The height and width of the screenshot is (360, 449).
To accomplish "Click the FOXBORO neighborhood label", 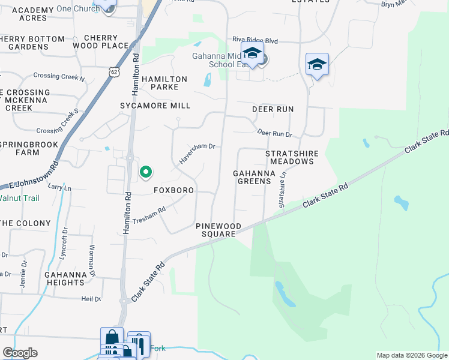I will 173,190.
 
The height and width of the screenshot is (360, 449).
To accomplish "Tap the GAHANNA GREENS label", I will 254,177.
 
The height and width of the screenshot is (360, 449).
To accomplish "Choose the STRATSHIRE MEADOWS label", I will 292,157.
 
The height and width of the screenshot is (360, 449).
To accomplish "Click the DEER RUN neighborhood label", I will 273,109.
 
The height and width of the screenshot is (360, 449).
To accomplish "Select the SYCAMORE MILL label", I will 155,106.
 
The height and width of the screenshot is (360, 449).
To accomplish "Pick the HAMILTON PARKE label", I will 164,83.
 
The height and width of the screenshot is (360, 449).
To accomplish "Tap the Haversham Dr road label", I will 197,154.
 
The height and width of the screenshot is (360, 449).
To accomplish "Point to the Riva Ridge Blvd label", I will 256,41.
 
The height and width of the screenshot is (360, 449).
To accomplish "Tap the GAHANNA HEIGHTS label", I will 64,278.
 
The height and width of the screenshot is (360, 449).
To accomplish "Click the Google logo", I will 20,353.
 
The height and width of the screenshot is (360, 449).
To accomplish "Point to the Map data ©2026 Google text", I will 411,355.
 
